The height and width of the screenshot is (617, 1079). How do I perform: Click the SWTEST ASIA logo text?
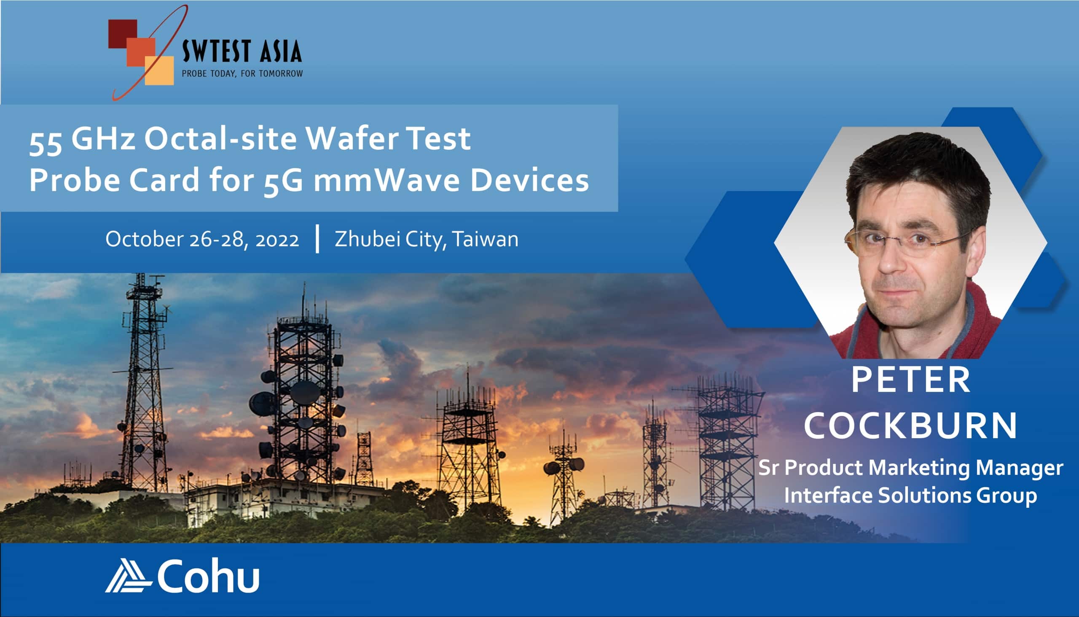click(242, 51)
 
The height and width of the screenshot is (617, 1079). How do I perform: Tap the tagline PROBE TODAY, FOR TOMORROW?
click(242, 74)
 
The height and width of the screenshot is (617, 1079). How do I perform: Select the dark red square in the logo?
click(123, 34)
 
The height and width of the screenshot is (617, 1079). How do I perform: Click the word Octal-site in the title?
click(220, 139)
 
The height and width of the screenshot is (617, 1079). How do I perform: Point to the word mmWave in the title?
click(387, 180)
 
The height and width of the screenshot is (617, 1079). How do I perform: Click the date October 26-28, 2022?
click(202, 240)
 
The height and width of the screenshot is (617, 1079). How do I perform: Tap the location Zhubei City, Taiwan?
click(427, 240)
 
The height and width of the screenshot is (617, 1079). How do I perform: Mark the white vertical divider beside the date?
click(317, 240)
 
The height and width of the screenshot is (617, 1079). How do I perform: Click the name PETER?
click(910, 380)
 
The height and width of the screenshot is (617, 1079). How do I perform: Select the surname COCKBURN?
click(910, 426)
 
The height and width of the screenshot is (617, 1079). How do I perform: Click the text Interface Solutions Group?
click(910, 496)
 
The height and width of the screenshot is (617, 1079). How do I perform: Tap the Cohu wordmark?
click(208, 575)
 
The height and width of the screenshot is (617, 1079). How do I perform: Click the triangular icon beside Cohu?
click(128, 575)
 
